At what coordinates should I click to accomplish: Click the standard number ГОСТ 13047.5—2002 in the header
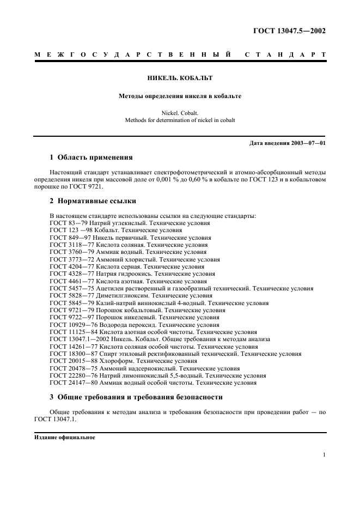pos(289,31)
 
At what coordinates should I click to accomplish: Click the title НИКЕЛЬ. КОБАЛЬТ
pos(180,78)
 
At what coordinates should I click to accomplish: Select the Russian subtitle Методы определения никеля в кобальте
pos(180,96)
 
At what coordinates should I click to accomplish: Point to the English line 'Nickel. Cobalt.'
pos(180,113)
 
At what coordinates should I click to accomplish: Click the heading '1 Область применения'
pos(91,157)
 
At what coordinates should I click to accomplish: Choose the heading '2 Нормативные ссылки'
pos(93,201)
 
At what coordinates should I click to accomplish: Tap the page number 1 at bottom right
pos(324,455)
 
